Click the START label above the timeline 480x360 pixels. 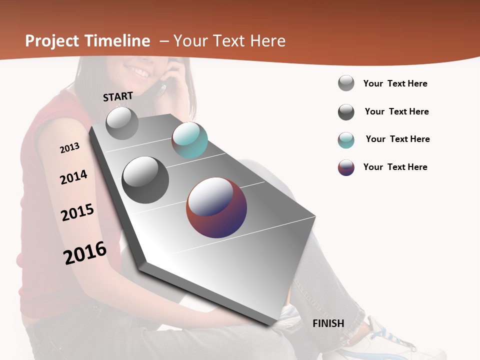pyautogui.click(x=118, y=96)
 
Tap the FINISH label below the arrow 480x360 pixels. pyautogui.click(x=328, y=323)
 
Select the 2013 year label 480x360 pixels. pyautogui.click(x=69, y=148)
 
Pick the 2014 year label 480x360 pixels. pyautogui.click(x=73, y=177)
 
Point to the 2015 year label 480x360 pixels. pyautogui.click(x=77, y=212)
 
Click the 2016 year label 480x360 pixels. pyautogui.click(x=85, y=253)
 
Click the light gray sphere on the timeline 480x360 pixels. pyautogui.click(x=122, y=123)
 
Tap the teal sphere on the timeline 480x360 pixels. pyautogui.click(x=189, y=140)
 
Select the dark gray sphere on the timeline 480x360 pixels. pyautogui.click(x=145, y=180)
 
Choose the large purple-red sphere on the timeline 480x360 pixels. pyautogui.click(x=216, y=207)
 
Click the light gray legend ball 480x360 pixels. pyautogui.click(x=346, y=83)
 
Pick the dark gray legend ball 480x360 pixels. pyautogui.click(x=346, y=112)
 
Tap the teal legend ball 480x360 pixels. pyautogui.click(x=346, y=140)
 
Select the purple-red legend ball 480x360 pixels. pyautogui.click(x=346, y=167)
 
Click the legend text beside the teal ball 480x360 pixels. pyautogui.click(x=397, y=139)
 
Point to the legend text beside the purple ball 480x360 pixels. pyautogui.click(x=395, y=167)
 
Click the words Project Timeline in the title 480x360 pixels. pyautogui.click(x=87, y=41)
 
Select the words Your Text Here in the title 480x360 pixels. pyautogui.click(x=229, y=41)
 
